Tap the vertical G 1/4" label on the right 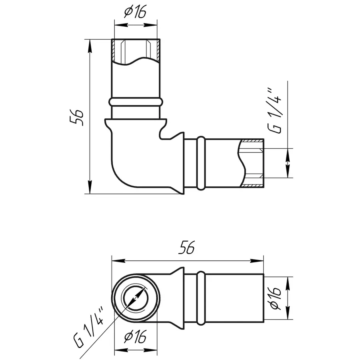point(274,110)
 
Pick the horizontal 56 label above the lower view point(187,247)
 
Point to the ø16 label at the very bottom point(135,337)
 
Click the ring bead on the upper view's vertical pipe point(136,102)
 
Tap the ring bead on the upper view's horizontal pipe point(201,163)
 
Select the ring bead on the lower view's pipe point(201,298)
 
